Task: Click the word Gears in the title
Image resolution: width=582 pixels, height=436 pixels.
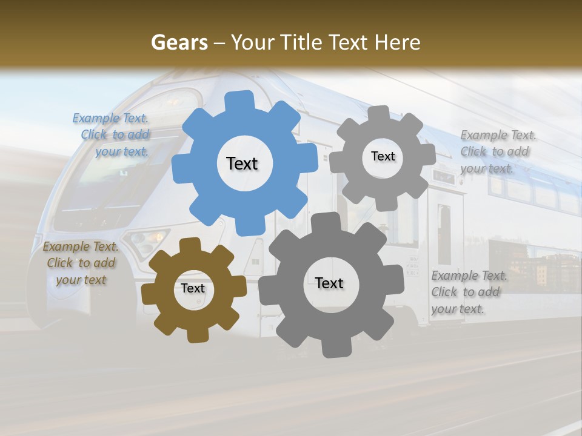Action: tap(179, 42)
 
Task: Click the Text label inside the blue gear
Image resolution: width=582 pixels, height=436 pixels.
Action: tap(242, 163)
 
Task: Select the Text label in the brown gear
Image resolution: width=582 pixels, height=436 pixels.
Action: tap(193, 288)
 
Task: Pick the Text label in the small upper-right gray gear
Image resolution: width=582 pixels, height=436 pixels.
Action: tap(383, 156)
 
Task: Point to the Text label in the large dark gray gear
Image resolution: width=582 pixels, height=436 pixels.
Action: tap(329, 283)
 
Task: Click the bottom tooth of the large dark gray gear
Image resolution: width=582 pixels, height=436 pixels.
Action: tap(331, 348)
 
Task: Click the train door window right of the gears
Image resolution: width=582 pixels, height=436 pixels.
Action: tap(444, 233)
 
